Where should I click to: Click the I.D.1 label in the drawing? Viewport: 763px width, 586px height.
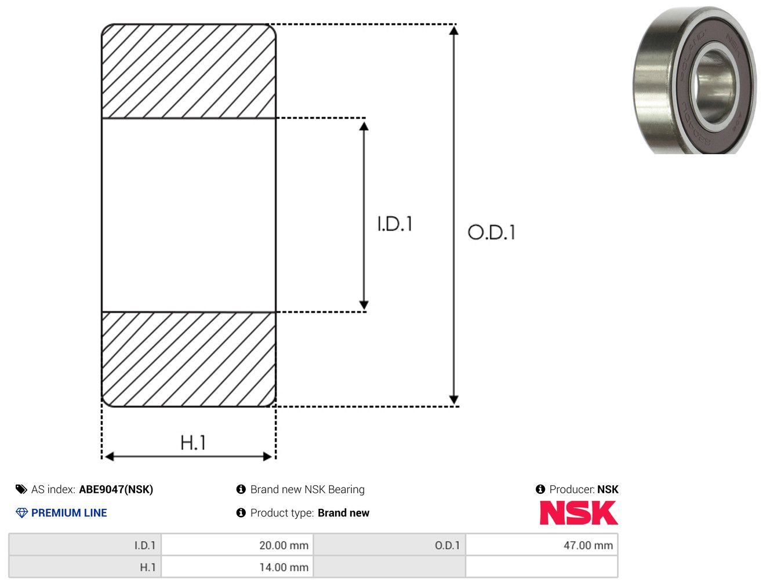coord(395,224)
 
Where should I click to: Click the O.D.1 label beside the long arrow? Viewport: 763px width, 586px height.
coord(491,232)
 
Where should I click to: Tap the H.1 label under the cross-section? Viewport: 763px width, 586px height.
coord(192,442)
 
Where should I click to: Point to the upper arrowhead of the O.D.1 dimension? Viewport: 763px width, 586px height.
coord(453,31)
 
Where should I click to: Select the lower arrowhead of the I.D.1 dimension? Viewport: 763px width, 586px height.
coord(364,305)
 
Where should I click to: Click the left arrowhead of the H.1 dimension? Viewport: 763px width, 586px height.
coord(109,457)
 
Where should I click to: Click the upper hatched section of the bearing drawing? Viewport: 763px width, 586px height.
coord(188,71)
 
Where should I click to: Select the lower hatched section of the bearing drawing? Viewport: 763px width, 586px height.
coord(188,359)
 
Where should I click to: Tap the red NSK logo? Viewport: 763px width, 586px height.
coord(579,513)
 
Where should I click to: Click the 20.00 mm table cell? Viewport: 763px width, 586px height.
coord(237,545)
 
